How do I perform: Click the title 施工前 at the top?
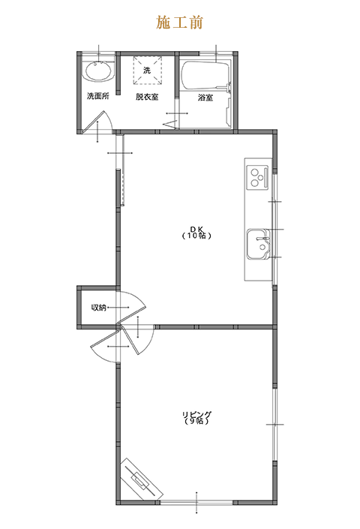click(179, 23)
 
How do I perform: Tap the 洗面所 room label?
click(98, 96)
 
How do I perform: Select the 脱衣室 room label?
click(147, 97)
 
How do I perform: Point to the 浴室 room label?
click(205, 98)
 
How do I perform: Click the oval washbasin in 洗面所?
click(98, 71)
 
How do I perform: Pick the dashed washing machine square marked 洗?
click(147, 71)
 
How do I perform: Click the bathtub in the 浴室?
click(205, 75)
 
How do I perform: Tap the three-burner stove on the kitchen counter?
click(257, 177)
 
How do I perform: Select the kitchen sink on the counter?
click(258, 244)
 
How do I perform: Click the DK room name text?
click(196, 229)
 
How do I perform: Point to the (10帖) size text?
click(196, 236)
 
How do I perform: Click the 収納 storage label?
click(98, 308)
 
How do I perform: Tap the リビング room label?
click(196, 414)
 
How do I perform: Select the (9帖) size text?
click(196, 421)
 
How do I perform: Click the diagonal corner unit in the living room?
click(142, 479)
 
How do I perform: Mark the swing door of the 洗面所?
click(97, 122)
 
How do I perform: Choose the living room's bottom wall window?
click(196, 502)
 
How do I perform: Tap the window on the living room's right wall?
click(274, 424)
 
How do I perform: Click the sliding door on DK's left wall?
click(121, 169)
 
